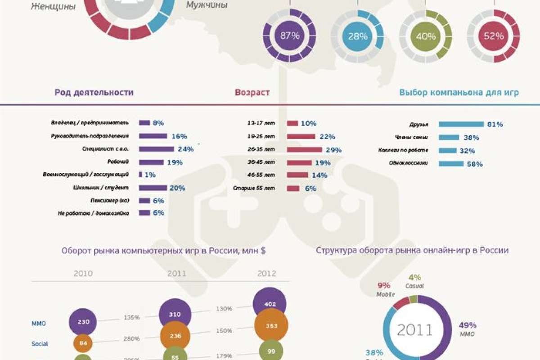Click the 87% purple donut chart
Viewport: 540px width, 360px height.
(290, 36)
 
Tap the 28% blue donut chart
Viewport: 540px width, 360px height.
(357, 36)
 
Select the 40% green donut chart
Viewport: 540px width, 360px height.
(426, 36)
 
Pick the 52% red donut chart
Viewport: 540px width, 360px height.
(493, 36)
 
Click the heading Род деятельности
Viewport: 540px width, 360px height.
(94, 93)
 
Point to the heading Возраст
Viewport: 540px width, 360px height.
(252, 93)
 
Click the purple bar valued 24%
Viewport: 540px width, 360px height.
(156, 149)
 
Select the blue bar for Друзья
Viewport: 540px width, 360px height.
(461, 124)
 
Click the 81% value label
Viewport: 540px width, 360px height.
(495, 125)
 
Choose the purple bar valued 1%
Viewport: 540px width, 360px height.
(140, 174)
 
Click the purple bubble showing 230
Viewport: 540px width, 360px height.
(83, 322)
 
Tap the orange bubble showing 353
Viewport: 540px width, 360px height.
(271, 326)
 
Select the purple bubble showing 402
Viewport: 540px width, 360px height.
(270, 304)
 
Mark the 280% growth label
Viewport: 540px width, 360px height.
(131, 338)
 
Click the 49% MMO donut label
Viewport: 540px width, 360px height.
(467, 325)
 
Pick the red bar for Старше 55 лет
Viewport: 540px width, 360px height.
(293, 189)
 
